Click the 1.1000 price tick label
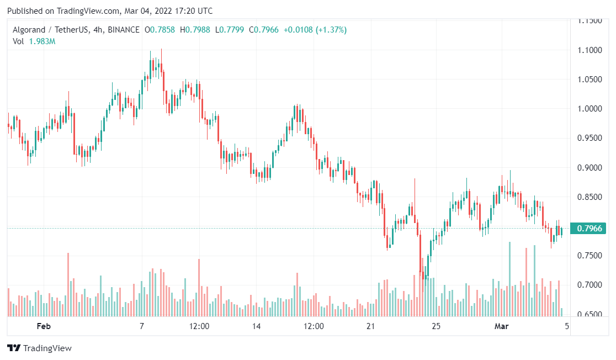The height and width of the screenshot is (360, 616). click(590, 50)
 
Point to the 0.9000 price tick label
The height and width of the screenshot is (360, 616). click(590, 168)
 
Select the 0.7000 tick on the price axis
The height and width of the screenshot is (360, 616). click(590, 285)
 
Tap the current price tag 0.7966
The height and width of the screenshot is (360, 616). click(590, 228)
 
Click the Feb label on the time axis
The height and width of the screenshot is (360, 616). click(44, 326)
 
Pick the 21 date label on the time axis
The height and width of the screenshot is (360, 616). click(371, 326)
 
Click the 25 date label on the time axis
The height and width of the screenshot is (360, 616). click(436, 326)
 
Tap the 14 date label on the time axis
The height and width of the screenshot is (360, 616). click(257, 326)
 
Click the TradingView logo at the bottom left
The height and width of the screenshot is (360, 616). click(39, 348)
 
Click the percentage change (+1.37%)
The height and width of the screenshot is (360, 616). click(331, 30)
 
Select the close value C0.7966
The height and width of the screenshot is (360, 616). click(264, 30)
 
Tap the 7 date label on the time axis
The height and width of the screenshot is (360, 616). click(142, 326)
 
